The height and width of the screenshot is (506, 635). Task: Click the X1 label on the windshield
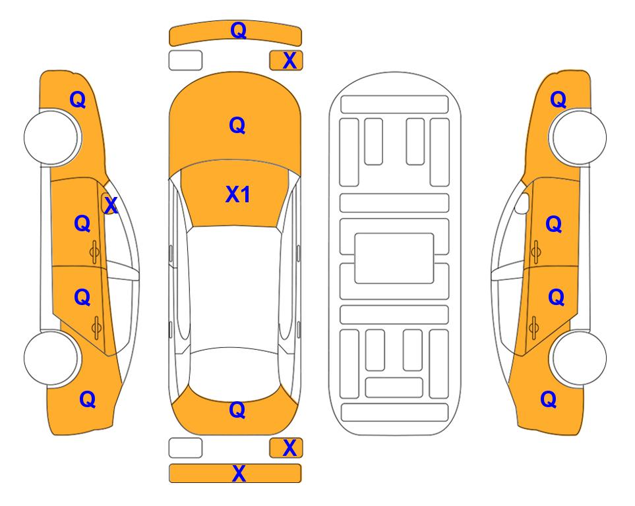point(238,194)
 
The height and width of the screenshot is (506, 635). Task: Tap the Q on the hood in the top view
point(237,125)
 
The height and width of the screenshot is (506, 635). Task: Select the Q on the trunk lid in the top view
point(237,410)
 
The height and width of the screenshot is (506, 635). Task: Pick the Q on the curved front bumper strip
point(239,30)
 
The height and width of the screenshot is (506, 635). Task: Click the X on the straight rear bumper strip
point(239,473)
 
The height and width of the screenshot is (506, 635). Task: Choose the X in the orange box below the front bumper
point(289,61)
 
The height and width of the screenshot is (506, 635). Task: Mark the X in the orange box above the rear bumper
point(289,448)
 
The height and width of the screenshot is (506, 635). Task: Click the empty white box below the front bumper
point(185,61)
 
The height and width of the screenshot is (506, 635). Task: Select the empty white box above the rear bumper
point(185,448)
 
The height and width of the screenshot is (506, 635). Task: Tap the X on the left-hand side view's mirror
point(111,206)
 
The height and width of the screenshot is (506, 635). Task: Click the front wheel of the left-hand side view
point(52,138)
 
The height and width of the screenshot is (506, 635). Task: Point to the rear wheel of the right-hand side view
point(578,358)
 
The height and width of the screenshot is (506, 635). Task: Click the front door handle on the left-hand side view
point(95,252)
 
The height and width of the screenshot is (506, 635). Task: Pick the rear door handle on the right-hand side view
point(533,327)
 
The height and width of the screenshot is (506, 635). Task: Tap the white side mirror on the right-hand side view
point(522,203)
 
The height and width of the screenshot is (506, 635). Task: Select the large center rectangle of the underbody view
point(394,258)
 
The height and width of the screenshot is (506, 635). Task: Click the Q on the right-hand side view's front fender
point(558,99)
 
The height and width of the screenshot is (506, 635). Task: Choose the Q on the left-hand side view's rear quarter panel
point(88,399)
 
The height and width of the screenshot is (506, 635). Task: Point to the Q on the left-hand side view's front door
point(82,223)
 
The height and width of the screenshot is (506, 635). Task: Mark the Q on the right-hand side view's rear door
point(557,297)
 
